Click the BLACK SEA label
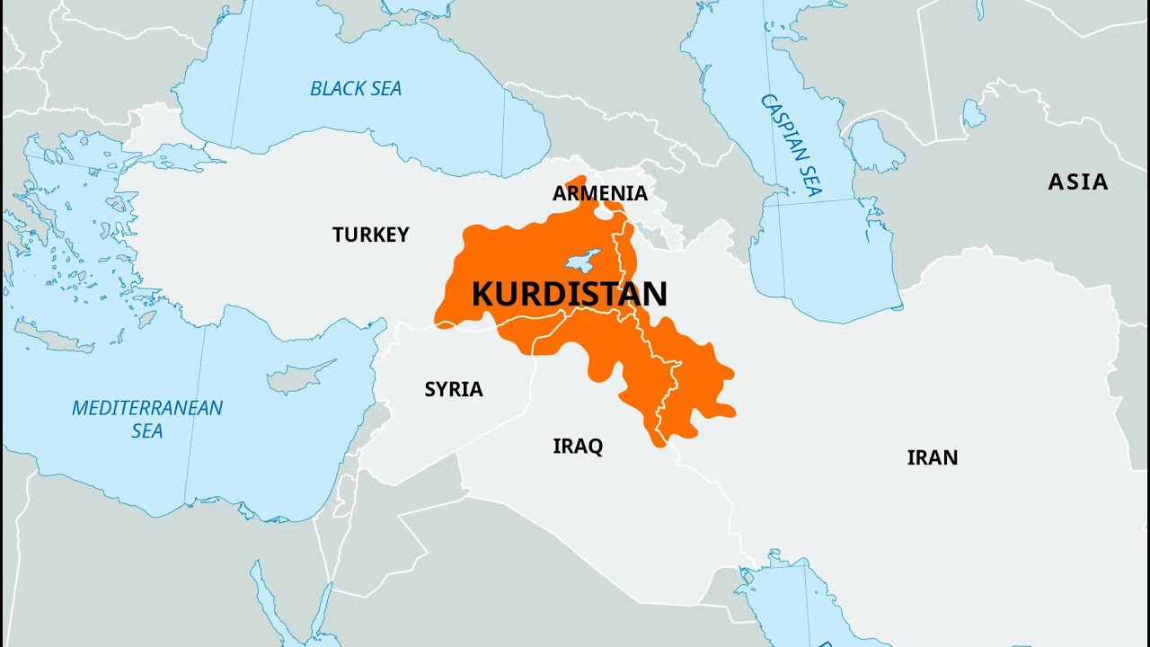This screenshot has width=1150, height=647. (x=356, y=88)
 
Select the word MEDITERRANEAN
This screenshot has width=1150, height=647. (x=147, y=408)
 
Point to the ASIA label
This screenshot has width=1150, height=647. (x=1077, y=182)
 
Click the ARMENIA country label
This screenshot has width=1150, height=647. (x=599, y=193)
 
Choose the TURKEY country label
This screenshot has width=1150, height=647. (x=370, y=235)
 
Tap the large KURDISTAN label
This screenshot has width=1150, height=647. (x=570, y=294)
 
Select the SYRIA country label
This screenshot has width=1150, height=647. (x=454, y=389)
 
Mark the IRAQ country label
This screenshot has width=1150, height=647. (x=578, y=446)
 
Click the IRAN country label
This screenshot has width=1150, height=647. (x=932, y=457)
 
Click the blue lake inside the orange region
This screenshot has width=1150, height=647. (x=583, y=261)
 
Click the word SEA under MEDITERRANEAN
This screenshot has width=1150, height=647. (x=147, y=430)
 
